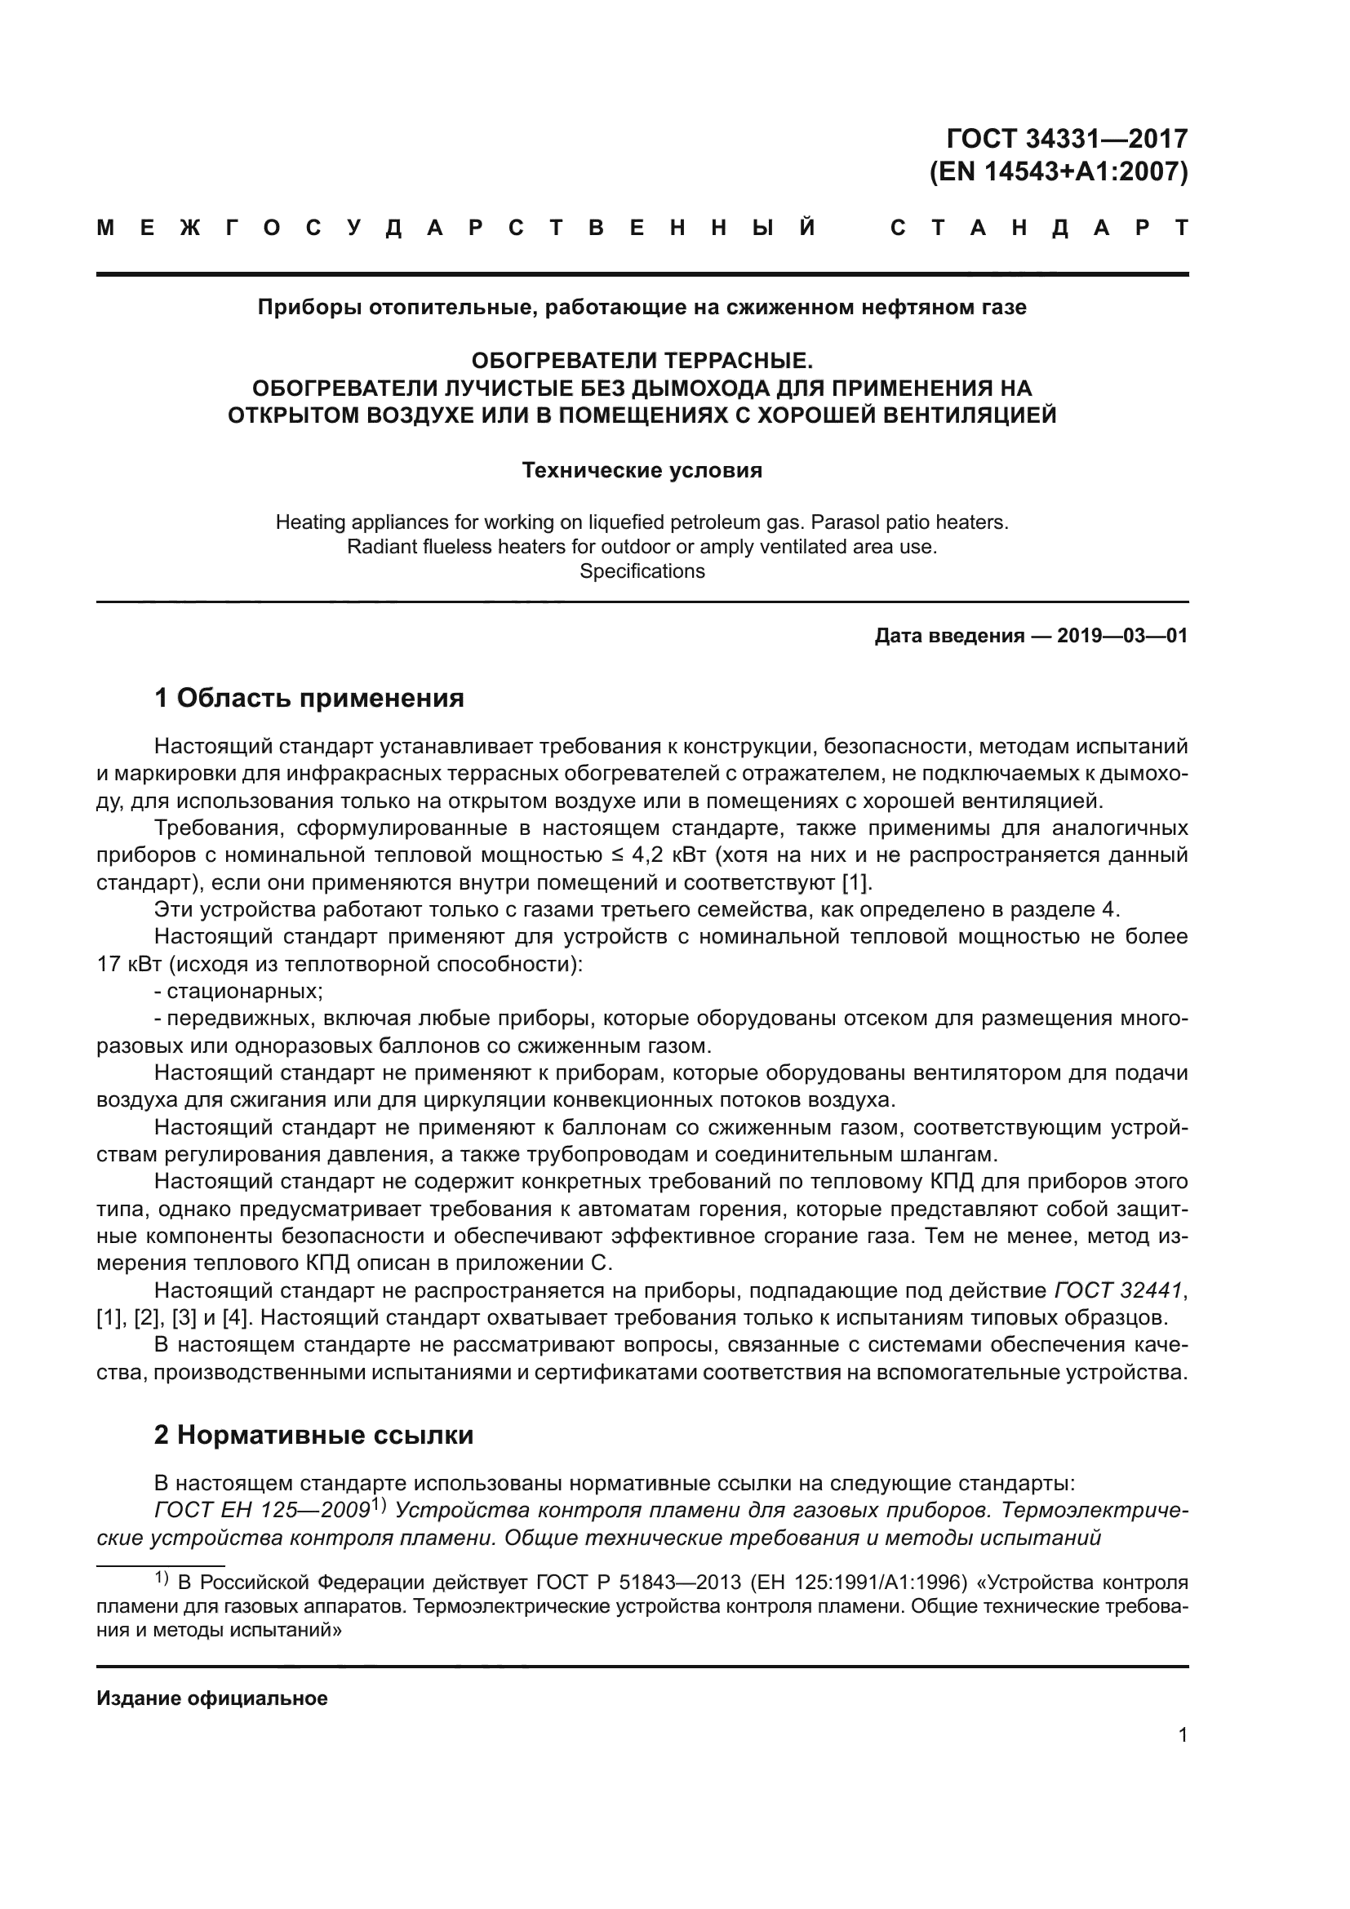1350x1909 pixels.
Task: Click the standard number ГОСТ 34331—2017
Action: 1068,138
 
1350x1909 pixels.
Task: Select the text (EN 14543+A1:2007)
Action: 1059,171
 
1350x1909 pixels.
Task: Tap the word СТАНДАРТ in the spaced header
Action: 1039,228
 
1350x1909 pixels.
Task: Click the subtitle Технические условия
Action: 642,471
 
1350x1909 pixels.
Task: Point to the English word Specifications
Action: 642,571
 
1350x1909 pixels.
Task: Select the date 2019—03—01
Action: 1122,636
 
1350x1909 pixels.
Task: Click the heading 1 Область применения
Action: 309,698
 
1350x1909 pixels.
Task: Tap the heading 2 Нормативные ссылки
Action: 314,1435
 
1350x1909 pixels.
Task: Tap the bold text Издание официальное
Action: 212,1698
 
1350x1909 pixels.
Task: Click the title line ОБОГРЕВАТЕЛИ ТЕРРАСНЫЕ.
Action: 642,361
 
